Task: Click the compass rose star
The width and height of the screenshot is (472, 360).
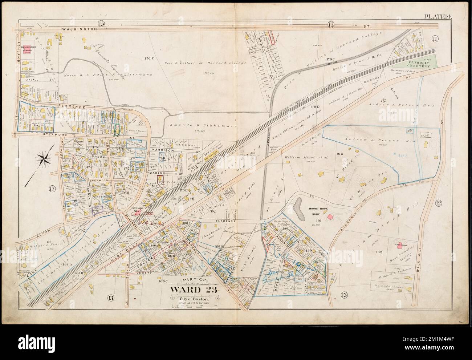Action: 44,159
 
